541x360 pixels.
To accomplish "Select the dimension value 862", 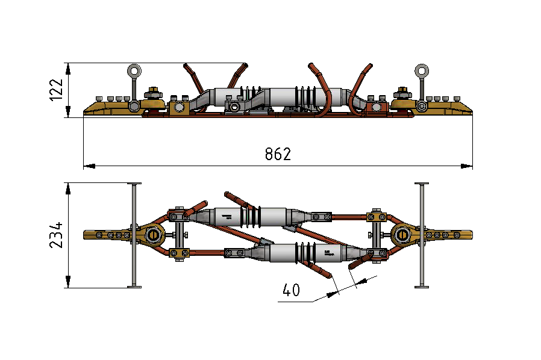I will tap(278, 154).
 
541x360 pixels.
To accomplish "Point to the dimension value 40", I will tap(291, 290).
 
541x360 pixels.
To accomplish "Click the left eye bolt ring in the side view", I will tap(133, 72).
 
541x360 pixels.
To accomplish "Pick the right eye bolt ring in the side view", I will tap(422, 72).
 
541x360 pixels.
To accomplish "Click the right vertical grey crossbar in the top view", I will tap(422, 235).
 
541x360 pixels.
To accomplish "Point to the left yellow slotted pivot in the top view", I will tap(153, 234).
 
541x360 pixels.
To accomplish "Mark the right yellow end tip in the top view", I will tap(467, 234).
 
